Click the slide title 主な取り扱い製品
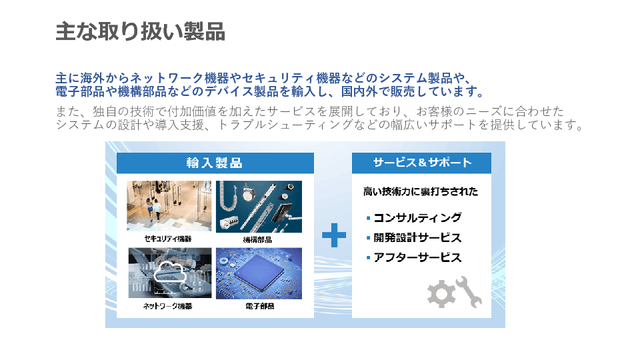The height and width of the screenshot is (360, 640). (141, 31)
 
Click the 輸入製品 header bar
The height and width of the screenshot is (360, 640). (215, 163)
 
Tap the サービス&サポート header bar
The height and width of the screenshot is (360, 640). (421, 163)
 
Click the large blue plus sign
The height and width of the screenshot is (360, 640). (334, 235)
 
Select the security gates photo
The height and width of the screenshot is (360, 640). (169, 206)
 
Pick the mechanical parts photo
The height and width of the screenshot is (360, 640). (259, 207)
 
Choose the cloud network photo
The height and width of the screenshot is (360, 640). (170, 273)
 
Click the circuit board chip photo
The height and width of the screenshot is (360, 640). (259, 273)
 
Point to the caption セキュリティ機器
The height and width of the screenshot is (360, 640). (168, 239)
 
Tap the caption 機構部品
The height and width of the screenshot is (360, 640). (257, 239)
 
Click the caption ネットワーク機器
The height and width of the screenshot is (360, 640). (167, 306)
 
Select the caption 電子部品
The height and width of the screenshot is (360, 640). (259, 306)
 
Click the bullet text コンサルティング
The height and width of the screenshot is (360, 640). (417, 217)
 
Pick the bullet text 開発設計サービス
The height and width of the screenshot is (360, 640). (417, 237)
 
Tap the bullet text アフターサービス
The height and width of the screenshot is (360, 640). (417, 257)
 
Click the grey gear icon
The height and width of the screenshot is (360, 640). (441, 293)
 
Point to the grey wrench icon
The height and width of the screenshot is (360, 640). (469, 291)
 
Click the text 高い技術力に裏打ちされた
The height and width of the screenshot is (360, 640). (421, 191)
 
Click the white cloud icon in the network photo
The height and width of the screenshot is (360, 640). (170, 271)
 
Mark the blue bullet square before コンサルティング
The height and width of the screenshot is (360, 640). (368, 219)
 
